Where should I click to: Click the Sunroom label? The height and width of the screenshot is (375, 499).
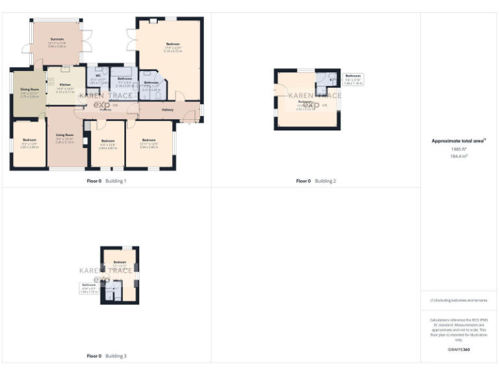57,40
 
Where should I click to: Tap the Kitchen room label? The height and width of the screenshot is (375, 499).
65,85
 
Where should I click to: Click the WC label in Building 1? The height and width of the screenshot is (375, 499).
97,76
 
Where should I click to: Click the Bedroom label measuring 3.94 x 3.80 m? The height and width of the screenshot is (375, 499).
149,140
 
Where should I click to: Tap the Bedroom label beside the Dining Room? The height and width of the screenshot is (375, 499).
29,141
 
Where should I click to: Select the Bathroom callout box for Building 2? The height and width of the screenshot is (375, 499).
353,79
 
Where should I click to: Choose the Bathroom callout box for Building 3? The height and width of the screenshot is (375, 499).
88,288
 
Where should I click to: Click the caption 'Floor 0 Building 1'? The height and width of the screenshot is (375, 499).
107,180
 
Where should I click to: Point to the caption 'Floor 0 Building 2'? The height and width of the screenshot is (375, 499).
316,180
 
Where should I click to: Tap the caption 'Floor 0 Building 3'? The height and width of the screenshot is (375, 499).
107,356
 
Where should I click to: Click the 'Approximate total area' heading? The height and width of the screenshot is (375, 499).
458,141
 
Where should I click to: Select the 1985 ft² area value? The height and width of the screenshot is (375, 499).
459,149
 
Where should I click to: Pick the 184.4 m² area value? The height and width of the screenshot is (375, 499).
459,156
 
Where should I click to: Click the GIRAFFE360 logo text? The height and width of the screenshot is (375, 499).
459,350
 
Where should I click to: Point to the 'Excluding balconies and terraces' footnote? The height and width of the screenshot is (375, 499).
459,300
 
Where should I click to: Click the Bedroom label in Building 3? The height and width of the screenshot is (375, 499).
120,262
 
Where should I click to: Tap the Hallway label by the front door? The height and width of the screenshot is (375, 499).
168,109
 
